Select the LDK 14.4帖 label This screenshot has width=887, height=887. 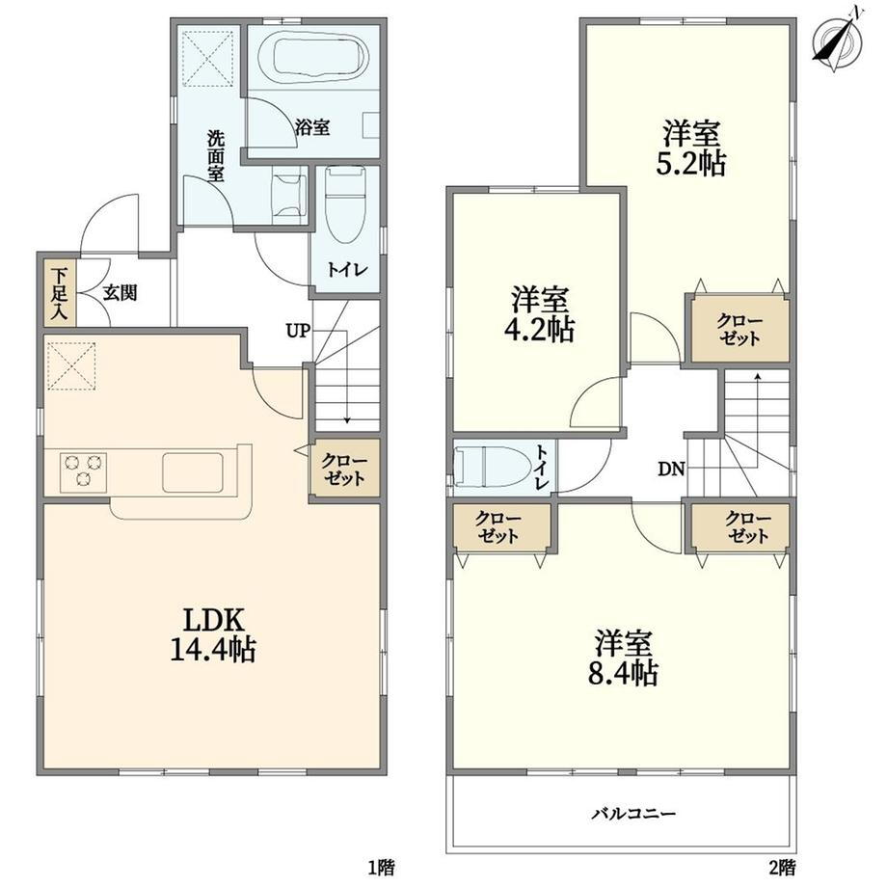click(x=212, y=634)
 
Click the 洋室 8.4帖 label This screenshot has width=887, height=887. click(x=622, y=658)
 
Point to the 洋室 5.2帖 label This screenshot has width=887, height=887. click(x=691, y=148)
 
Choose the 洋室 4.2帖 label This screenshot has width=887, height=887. click(x=539, y=314)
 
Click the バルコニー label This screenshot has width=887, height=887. click(x=633, y=814)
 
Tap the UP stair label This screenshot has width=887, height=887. click(x=298, y=331)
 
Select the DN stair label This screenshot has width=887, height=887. click(x=671, y=469)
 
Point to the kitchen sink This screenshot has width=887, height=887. click(x=192, y=472)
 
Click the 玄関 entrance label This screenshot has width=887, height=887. click(x=120, y=293)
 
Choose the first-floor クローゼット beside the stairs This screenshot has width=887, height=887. click(x=344, y=469)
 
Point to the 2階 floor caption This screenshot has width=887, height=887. click(x=781, y=867)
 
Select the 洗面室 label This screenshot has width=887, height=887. click(x=216, y=155)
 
